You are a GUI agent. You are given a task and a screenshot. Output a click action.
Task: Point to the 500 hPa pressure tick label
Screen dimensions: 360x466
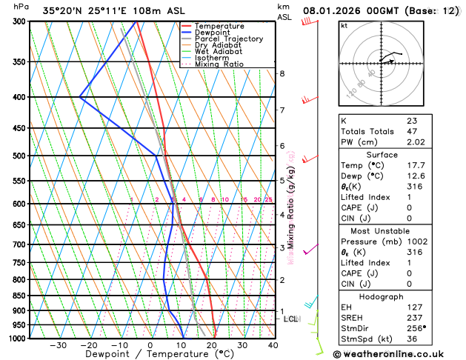point(19,156)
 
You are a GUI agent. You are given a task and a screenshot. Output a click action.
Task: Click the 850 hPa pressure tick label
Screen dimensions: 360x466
point(19,296)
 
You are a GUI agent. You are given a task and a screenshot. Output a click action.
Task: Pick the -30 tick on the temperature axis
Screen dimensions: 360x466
point(58,345)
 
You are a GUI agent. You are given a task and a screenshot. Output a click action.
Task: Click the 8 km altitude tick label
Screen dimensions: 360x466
point(282,73)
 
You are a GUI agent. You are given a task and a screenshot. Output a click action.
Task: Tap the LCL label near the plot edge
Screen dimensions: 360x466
point(291,319)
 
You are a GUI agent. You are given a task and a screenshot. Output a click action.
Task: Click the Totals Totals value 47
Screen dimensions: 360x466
point(412,131)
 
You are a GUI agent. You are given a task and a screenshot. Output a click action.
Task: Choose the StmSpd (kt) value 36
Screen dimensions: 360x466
point(411,340)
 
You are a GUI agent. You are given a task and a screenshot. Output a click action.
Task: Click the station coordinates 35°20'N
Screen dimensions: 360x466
point(62,10)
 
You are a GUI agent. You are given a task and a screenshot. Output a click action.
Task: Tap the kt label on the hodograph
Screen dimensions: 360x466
point(344,25)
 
